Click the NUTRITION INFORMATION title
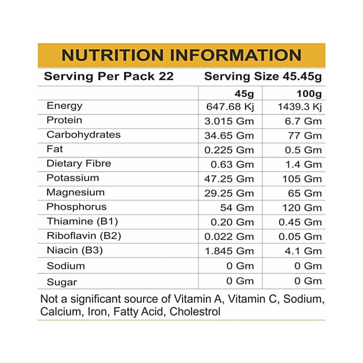click(181, 55)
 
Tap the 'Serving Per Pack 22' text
click(108, 76)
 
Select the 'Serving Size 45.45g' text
click(263, 76)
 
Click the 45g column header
click(244, 94)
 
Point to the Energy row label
click(64, 106)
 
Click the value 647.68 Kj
click(230, 108)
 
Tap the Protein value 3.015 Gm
click(231, 121)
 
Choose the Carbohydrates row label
click(83, 135)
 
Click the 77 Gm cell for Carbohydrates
click(305, 136)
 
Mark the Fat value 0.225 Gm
click(231, 150)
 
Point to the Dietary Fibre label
click(78, 163)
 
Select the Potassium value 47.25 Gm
click(231, 179)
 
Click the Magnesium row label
click(75, 192)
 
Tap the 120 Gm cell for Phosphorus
click(302, 208)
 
